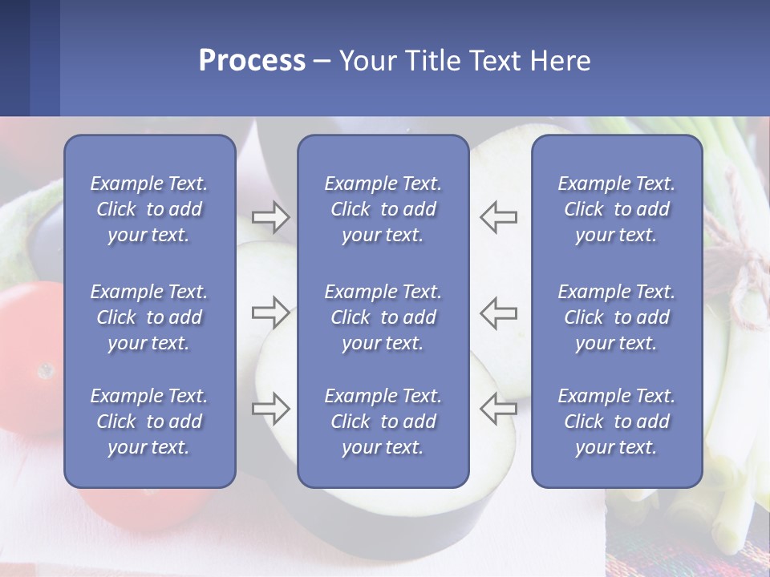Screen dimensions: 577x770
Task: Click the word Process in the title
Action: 252,61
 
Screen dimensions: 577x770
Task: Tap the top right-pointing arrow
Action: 270,216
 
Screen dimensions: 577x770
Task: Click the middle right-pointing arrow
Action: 270,312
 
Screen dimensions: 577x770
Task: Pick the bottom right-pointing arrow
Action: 270,408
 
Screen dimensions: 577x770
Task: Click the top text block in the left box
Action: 149,209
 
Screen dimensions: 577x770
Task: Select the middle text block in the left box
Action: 149,317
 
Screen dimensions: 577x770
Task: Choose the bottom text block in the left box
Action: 149,422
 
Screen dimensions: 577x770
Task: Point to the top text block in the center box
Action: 383,209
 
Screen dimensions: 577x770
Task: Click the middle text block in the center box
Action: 383,317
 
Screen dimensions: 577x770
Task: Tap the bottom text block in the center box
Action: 383,422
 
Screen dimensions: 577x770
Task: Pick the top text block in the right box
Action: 616,209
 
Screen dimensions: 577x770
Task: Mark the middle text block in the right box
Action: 616,317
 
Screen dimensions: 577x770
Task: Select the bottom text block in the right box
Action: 616,422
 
